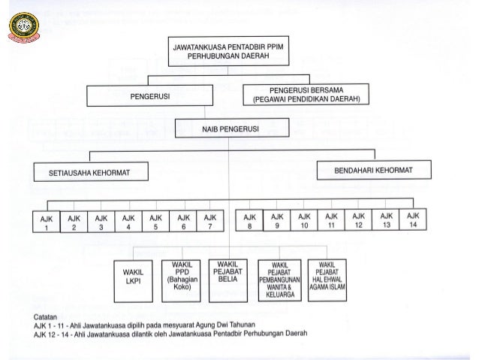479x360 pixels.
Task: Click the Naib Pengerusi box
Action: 229,129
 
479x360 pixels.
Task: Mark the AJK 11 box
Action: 331,220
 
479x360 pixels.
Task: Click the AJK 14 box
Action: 411,220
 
